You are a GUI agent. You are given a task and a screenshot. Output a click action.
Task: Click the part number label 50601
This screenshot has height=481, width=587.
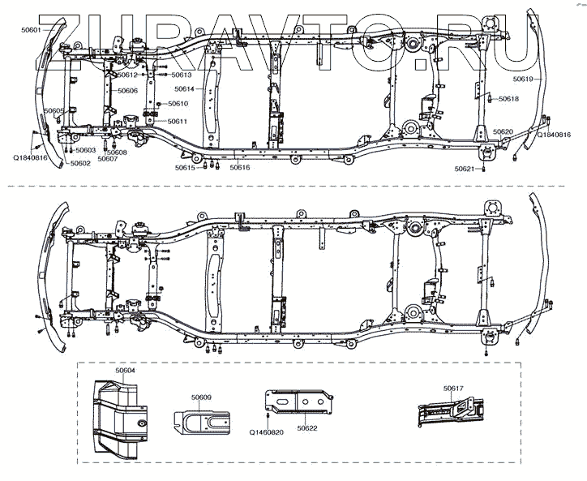click(x=31, y=29)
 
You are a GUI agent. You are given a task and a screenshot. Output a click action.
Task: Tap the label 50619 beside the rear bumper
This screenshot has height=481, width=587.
click(x=522, y=79)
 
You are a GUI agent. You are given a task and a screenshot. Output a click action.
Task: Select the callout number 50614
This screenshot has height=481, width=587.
click(x=184, y=88)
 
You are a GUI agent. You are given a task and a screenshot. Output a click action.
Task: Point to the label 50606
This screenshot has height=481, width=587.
click(x=127, y=91)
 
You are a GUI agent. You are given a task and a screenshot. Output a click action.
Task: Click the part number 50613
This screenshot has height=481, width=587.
click(x=182, y=75)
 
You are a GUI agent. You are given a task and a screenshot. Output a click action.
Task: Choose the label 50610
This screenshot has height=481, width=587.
click(x=178, y=103)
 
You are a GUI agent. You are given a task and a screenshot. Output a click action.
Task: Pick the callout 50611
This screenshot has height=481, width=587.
click(x=178, y=122)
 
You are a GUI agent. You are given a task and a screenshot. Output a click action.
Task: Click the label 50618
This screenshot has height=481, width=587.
click(x=509, y=99)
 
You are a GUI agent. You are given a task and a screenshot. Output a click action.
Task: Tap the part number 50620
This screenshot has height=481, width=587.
click(x=503, y=132)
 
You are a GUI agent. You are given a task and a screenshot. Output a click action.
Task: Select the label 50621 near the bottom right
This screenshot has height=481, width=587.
click(x=465, y=169)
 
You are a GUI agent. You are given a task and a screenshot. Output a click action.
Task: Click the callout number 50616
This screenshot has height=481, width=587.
click(x=240, y=167)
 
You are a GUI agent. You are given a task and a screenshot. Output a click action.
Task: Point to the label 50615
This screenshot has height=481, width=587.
click(x=185, y=168)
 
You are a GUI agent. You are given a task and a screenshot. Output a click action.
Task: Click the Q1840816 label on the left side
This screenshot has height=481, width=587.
click(x=30, y=158)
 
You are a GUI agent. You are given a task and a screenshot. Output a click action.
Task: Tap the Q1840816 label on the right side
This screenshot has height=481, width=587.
click(x=554, y=135)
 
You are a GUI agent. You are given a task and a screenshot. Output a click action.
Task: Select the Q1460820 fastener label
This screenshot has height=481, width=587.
click(x=267, y=432)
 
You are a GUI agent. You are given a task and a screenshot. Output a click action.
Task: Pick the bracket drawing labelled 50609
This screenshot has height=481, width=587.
click(x=202, y=423)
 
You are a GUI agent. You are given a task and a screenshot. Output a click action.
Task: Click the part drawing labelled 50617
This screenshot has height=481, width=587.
click(x=451, y=412)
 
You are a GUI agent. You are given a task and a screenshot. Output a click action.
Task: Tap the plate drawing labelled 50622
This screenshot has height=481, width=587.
click(x=298, y=402)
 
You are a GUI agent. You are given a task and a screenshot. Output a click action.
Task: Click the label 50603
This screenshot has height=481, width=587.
click(x=86, y=150)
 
